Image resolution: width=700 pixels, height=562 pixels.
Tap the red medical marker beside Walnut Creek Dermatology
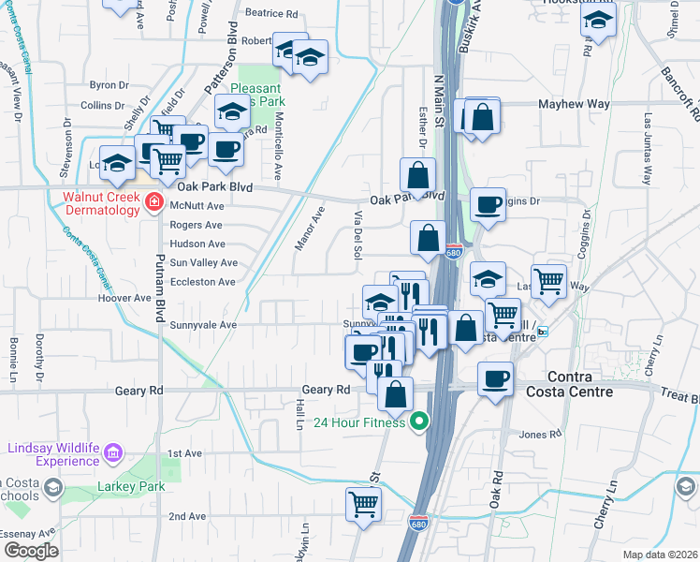pyautogui.click(x=154, y=203)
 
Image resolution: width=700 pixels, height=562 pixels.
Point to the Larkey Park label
pyautogui.click(x=131, y=486)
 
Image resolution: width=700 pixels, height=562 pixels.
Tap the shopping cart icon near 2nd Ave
pyautogui.click(x=363, y=504)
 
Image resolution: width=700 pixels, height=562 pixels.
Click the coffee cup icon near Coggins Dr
pyautogui.click(x=487, y=204)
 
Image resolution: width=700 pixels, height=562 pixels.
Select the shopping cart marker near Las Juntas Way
pyautogui.click(x=549, y=279)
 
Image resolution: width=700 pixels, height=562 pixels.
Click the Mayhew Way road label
pyautogui.click(x=574, y=105)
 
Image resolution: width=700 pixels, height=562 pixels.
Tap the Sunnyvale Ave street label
pyautogui.click(x=203, y=325)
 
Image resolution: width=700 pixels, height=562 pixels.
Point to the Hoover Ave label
pyautogui.click(x=124, y=298)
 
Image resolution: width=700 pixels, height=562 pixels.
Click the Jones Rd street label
pyautogui.click(x=539, y=434)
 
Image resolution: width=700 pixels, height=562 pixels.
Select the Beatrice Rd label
pyautogui.click(x=270, y=14)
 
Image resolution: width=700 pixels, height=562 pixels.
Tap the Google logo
pyautogui.click(x=31, y=551)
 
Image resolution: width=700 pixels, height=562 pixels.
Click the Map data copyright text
pyautogui.click(x=660, y=555)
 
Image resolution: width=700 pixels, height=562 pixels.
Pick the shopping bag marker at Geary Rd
pyautogui.click(x=396, y=392)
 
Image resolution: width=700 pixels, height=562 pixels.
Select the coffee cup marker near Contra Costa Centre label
pyautogui.click(x=495, y=379)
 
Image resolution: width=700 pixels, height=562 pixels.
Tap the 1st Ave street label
pyautogui.click(x=184, y=453)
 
